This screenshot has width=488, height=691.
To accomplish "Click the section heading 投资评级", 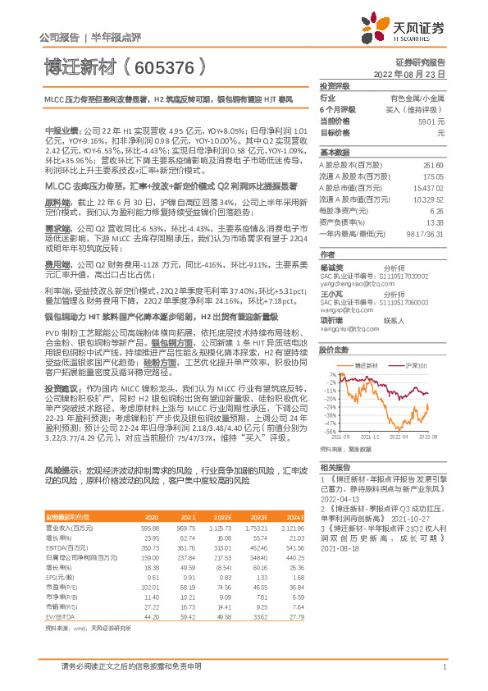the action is [x=335, y=85].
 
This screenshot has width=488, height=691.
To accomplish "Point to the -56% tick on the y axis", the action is [x=330, y=431].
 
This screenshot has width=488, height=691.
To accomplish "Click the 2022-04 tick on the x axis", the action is [x=399, y=438].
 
